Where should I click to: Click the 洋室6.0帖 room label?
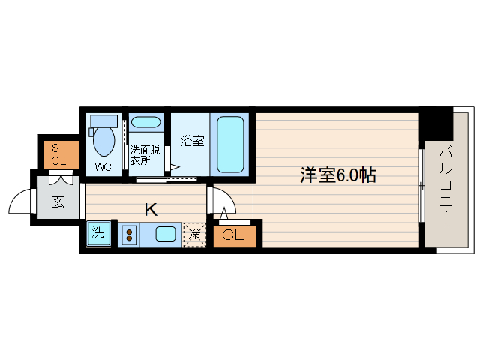[x=338, y=175]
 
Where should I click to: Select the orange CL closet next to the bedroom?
[x=233, y=235]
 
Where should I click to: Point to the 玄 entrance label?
[x=58, y=201]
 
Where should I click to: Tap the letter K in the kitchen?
[x=151, y=209]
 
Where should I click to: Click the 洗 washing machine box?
[x=98, y=233]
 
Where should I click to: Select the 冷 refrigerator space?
[x=193, y=235]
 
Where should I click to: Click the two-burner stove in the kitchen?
[x=128, y=235]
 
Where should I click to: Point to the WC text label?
[x=103, y=166]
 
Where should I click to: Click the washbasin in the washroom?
[x=145, y=121]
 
